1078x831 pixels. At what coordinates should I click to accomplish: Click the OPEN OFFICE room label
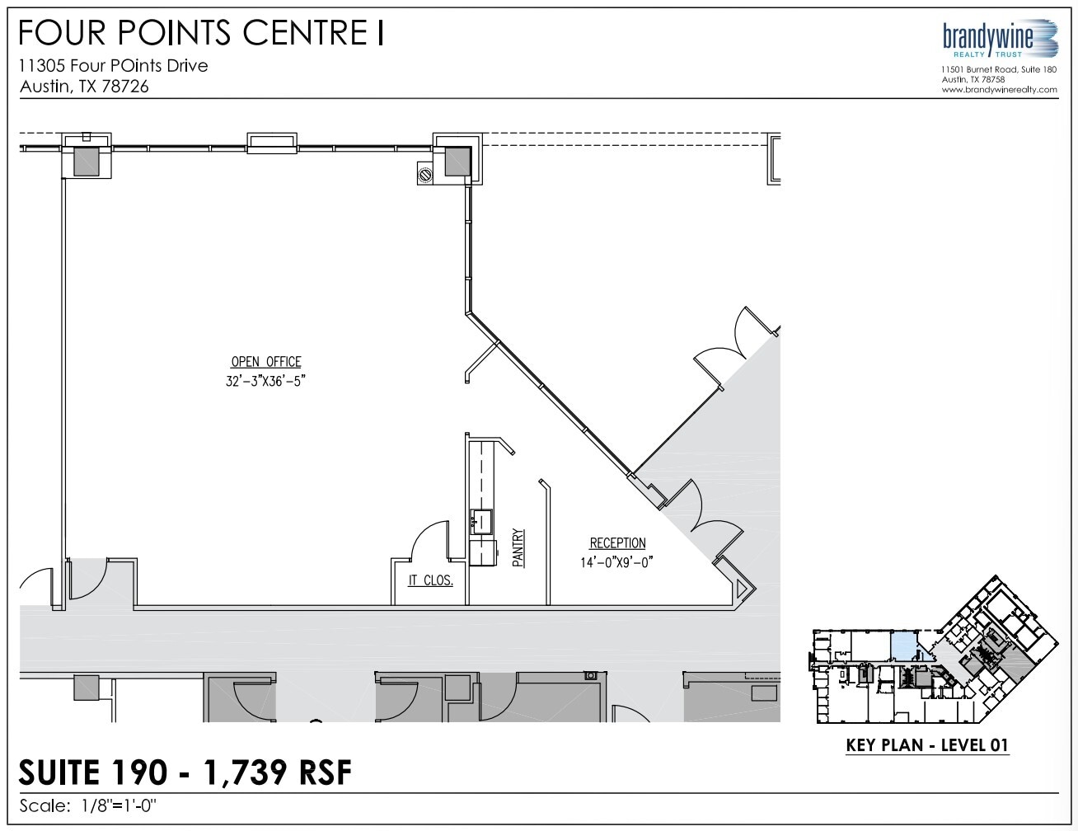click(x=265, y=362)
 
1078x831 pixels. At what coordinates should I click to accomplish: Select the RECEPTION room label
click(x=617, y=543)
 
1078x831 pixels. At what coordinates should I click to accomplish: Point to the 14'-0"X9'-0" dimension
click(x=617, y=563)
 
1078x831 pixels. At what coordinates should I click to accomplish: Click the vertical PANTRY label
click(x=518, y=548)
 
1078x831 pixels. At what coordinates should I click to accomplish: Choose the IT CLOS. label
click(x=430, y=580)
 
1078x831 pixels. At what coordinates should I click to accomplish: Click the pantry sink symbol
click(x=480, y=521)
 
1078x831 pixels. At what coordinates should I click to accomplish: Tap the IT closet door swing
click(x=427, y=541)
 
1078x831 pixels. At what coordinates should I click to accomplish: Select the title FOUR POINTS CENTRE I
click(x=201, y=33)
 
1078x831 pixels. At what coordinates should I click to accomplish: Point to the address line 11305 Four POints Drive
click(x=114, y=65)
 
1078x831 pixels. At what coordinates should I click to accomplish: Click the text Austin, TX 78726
click(x=84, y=87)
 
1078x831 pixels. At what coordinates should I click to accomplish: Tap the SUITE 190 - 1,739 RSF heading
click(x=185, y=772)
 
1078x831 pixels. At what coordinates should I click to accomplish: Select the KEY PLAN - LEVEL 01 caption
click(x=927, y=745)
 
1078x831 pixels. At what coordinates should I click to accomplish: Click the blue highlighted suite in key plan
click(x=903, y=646)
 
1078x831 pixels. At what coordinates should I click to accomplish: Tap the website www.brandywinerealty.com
click(x=999, y=90)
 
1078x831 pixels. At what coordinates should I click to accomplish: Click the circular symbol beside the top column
click(x=426, y=175)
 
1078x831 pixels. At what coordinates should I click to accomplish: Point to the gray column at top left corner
click(x=87, y=161)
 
